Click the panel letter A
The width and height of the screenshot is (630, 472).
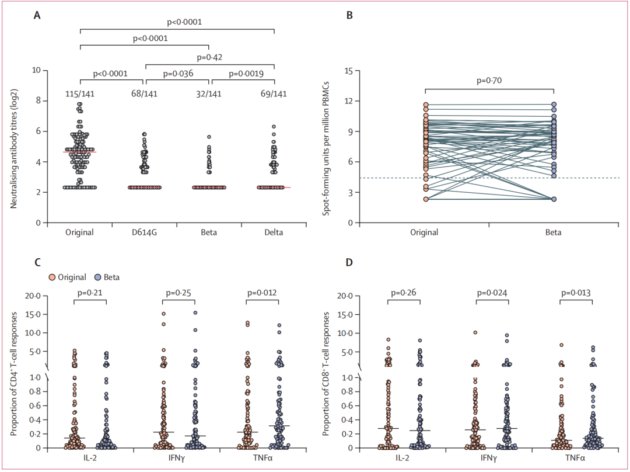click(x=37, y=16)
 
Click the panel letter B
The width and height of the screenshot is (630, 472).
click(x=350, y=16)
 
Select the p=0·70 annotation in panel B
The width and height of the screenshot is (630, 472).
click(x=489, y=81)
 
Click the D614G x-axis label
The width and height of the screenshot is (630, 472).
click(x=144, y=232)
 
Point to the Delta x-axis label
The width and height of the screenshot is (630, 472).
click(x=273, y=232)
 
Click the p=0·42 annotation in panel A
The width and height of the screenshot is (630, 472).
click(x=210, y=57)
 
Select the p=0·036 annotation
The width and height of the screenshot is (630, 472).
click(x=177, y=74)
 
